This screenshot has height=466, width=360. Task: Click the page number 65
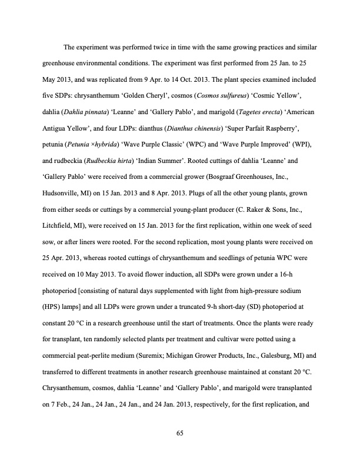(x=180, y=434)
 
